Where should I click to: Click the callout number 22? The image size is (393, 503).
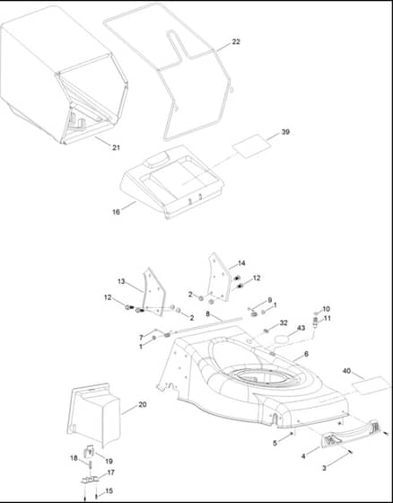click(236, 41)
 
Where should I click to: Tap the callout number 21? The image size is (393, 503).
click(116, 147)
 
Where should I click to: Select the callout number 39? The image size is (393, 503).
click(285, 131)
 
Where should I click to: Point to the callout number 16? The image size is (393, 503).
click(116, 212)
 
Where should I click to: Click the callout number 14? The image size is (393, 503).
click(241, 263)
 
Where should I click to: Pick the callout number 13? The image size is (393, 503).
click(121, 281)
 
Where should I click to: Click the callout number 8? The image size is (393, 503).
click(208, 313)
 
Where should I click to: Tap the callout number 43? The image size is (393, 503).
click(301, 328)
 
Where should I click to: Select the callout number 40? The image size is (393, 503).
click(346, 371)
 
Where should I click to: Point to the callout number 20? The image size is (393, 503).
click(143, 404)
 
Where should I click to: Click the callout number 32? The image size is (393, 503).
click(284, 322)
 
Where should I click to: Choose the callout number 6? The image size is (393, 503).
click(306, 354)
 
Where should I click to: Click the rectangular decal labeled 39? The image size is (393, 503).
click(251, 146)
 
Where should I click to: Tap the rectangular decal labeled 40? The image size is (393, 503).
click(371, 385)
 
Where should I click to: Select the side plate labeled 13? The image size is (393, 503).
click(153, 292)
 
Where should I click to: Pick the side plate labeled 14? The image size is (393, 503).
click(220, 278)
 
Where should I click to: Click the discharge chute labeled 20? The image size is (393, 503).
click(93, 415)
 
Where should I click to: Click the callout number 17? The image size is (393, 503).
click(111, 472)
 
